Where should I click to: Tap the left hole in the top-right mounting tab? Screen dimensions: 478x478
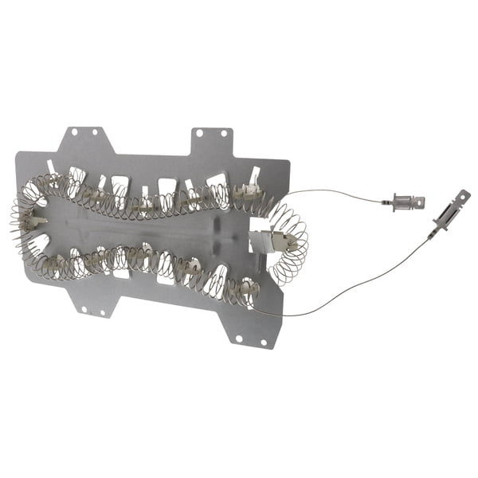pos(199,134)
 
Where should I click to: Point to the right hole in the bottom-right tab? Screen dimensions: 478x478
pos(257,341)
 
